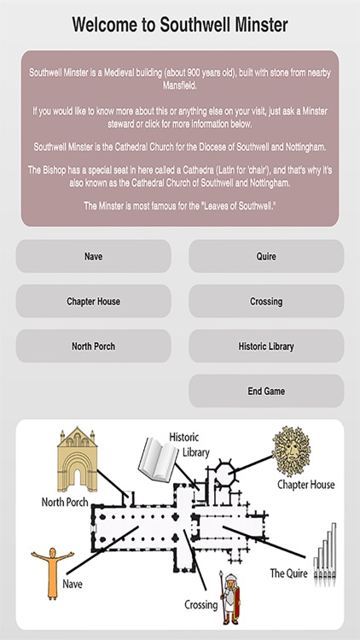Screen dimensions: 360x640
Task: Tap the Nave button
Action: [93, 256]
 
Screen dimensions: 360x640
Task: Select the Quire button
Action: [266, 256]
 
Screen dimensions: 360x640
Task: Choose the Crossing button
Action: [266, 301]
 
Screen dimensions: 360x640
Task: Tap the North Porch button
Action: [93, 346]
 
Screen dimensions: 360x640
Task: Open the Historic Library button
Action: [266, 346]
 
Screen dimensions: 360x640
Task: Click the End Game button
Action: [266, 392]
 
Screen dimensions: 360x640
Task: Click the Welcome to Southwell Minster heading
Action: [180, 24]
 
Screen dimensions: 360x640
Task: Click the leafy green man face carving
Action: [293, 453]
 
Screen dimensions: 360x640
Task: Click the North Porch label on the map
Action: [71, 503]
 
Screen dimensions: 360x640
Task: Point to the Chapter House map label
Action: [305, 486]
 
